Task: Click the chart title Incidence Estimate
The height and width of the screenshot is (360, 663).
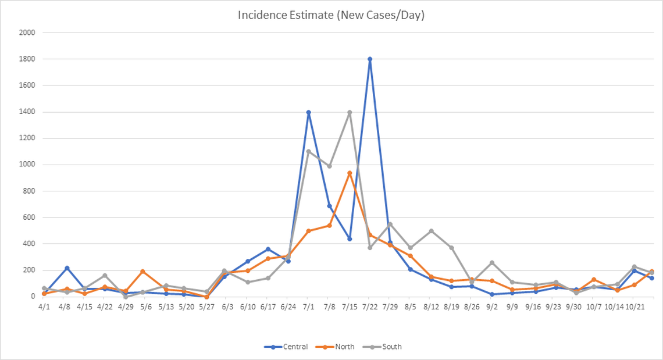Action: (x=331, y=15)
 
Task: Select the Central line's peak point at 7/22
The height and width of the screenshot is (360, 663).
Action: (x=370, y=59)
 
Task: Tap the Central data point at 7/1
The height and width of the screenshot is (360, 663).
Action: (x=308, y=112)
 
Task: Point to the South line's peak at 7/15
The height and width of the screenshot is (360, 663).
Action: (x=350, y=112)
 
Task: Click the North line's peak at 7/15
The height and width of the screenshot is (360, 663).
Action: (x=350, y=173)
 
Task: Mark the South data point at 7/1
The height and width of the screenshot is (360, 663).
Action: (x=308, y=151)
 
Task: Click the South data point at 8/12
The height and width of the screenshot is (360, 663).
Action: (x=431, y=231)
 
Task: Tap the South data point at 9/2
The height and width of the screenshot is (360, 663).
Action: (x=492, y=262)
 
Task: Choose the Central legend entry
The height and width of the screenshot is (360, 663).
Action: (x=282, y=347)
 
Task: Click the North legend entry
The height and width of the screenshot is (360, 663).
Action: (x=332, y=347)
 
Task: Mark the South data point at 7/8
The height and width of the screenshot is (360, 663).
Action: (x=329, y=166)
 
